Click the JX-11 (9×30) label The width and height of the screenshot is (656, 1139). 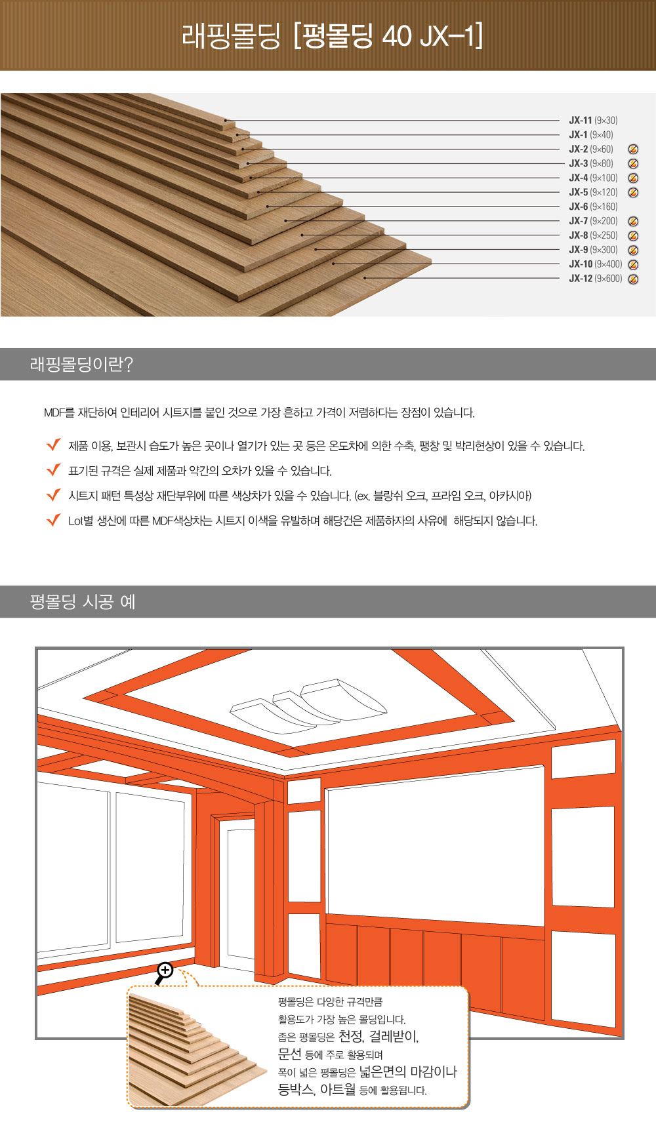coord(593,120)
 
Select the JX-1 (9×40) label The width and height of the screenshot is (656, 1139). coord(591,134)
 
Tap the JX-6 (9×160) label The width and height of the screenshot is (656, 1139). coord(593,207)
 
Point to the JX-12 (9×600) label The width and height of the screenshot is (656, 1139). coord(596,279)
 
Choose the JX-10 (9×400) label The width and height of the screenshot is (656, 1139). coord(596,264)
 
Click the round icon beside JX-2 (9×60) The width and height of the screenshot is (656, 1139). coord(633,150)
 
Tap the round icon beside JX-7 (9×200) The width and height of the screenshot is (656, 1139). coord(633,222)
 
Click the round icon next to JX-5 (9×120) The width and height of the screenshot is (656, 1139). coord(633,193)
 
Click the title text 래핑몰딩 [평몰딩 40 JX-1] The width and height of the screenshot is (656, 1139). coord(332,35)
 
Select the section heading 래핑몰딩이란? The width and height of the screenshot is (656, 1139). coord(81,364)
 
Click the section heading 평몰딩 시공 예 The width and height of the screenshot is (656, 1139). coord(83,601)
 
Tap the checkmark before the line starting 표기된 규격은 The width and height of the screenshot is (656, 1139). coord(54,470)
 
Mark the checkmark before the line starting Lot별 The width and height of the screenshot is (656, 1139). coord(54,520)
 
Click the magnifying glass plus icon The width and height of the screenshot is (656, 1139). coord(163,972)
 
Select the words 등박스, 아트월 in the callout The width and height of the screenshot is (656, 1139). coord(317,1089)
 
